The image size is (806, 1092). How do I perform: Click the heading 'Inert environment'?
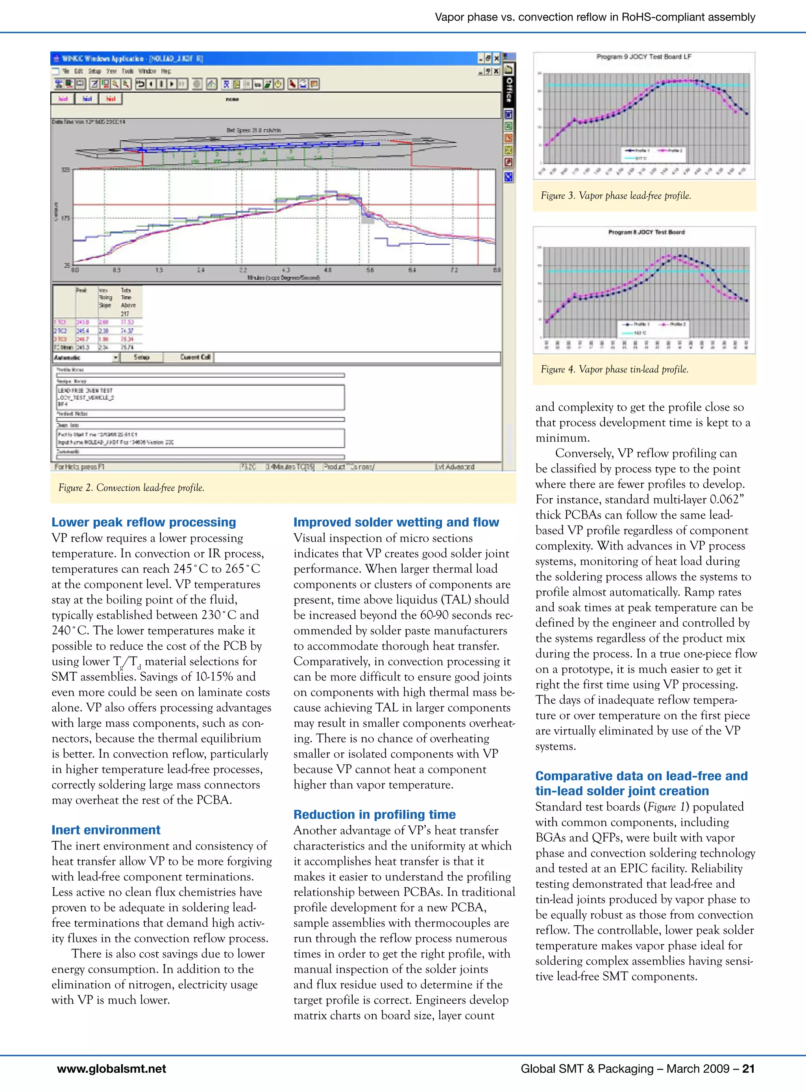pyautogui.click(x=106, y=830)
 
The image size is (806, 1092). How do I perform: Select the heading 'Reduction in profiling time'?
pyautogui.click(x=374, y=814)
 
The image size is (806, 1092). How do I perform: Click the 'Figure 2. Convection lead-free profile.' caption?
pyautogui.click(x=131, y=487)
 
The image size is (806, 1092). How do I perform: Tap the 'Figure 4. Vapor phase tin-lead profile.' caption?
pyautogui.click(x=614, y=369)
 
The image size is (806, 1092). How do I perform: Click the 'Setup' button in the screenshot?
pyautogui.click(x=142, y=357)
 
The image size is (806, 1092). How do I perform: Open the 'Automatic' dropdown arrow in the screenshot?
pyautogui.click(x=116, y=358)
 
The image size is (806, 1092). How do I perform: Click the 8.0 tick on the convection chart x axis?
pyautogui.click(x=496, y=270)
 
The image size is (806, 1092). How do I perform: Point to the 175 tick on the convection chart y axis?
pyautogui.click(x=65, y=218)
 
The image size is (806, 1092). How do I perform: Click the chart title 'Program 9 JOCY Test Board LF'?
pyautogui.click(x=643, y=57)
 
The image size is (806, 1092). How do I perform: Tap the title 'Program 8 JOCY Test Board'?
pyautogui.click(x=646, y=232)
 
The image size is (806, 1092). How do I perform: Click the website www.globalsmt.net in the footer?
pyautogui.click(x=111, y=1069)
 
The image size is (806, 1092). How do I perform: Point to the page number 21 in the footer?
pyautogui.click(x=748, y=1069)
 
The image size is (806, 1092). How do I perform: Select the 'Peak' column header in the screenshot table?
pyautogui.click(x=81, y=291)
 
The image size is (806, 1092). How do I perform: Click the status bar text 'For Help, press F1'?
pyautogui.click(x=79, y=466)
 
